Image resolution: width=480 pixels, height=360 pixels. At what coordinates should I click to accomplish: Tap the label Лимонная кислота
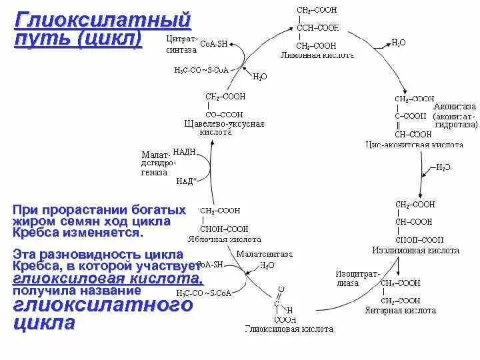tap(317, 56)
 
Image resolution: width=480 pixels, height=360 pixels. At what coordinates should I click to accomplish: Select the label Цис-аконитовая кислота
tap(414, 144)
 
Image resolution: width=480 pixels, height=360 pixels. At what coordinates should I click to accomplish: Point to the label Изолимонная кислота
tap(415, 251)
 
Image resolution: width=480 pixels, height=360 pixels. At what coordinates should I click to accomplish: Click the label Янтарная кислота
tap(400, 310)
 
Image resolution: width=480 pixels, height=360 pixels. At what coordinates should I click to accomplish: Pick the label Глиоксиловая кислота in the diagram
tap(289, 329)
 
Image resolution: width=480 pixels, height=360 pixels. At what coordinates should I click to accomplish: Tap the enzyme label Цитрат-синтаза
tap(181, 44)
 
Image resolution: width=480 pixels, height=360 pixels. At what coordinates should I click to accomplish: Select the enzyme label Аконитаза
tap(455, 106)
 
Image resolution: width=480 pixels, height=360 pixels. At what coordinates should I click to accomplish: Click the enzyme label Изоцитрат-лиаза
tap(358, 278)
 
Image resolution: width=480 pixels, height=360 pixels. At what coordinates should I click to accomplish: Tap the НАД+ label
tap(186, 181)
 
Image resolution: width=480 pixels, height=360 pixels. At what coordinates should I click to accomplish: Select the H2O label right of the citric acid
tap(398, 42)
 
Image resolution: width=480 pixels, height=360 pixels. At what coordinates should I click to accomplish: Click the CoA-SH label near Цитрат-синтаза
tap(213, 44)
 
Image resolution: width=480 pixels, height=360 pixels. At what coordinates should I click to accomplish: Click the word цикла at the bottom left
tap(43, 324)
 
